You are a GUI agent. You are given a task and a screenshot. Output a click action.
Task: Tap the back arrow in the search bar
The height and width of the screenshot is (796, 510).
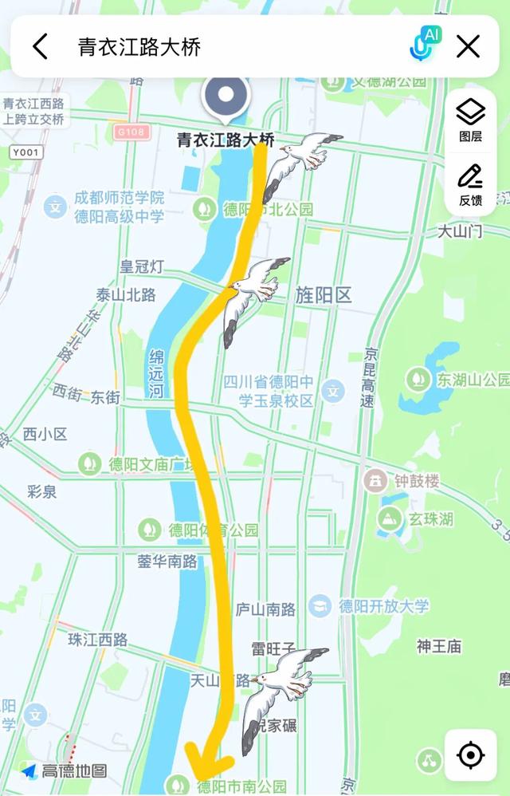pos(40,46)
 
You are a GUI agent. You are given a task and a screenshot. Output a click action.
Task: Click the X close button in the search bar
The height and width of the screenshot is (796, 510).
pos(468,46)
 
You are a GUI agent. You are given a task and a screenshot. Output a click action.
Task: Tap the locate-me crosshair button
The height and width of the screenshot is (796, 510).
pos(470,755)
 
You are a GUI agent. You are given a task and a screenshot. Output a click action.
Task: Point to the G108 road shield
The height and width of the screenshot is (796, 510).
pos(130,131)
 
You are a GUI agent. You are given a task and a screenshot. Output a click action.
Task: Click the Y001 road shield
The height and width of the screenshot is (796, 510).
pos(28,152)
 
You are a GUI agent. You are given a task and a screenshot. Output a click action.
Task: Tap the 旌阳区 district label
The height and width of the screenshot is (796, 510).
pos(323,295)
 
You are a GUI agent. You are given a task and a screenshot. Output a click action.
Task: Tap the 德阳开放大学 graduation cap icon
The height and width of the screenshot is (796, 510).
pos(320,605)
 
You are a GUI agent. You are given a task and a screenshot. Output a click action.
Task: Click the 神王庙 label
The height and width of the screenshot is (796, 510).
pos(439,646)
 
